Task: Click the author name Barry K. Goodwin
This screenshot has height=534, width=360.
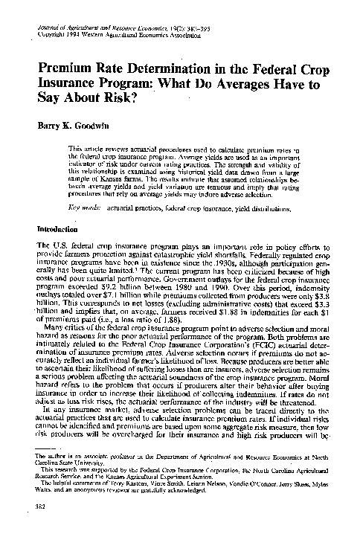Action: [x=71, y=127]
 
